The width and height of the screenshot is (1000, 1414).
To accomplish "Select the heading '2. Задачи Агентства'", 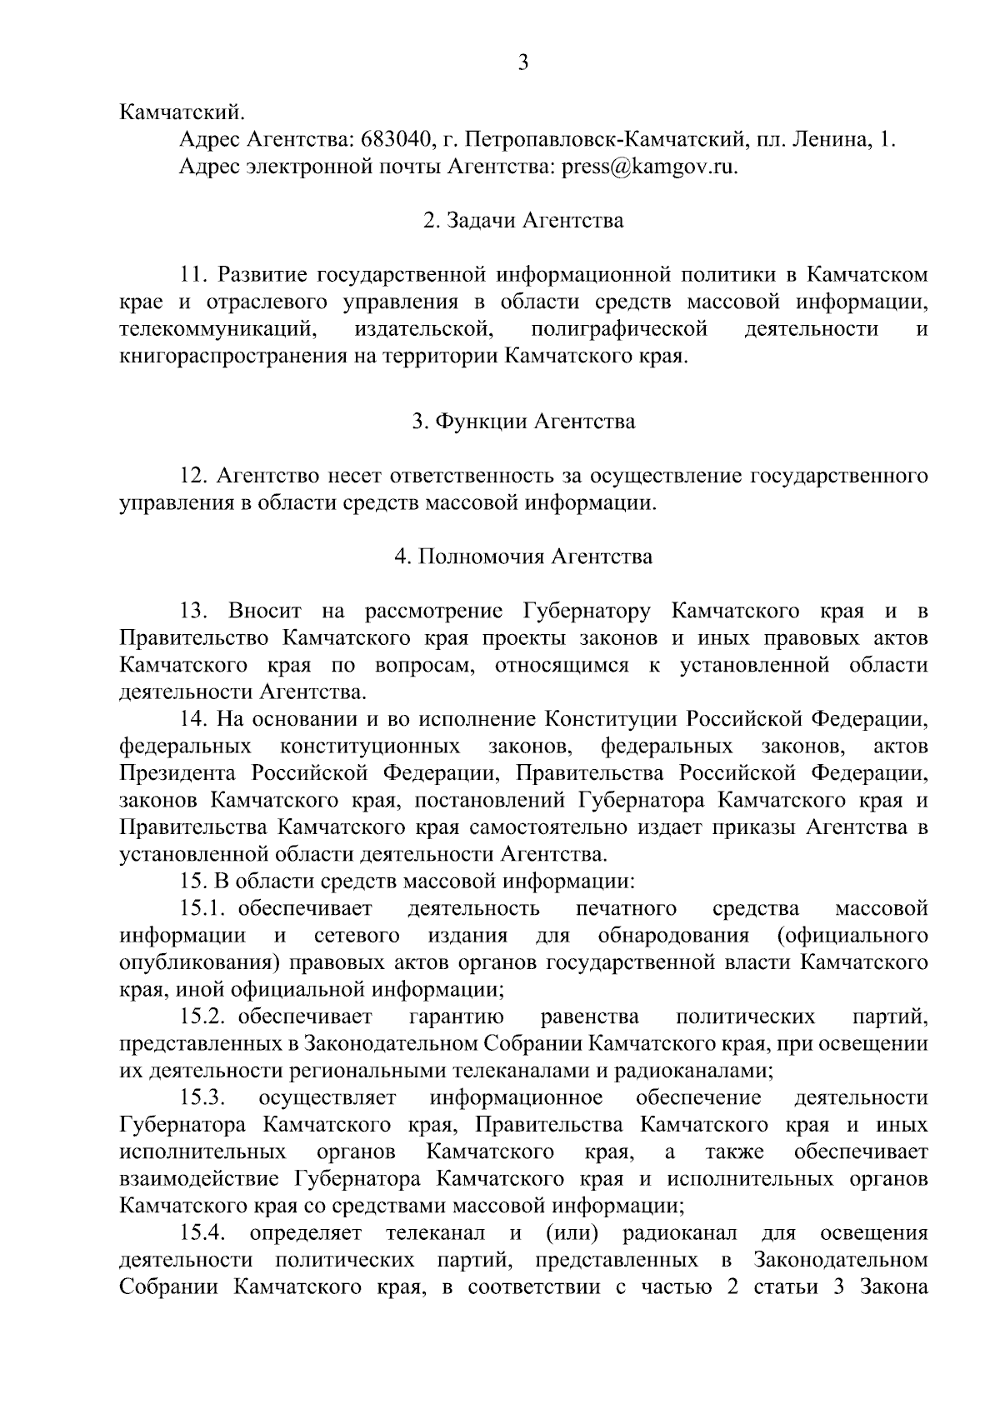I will [x=523, y=221].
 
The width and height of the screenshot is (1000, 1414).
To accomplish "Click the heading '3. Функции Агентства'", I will [x=523, y=421].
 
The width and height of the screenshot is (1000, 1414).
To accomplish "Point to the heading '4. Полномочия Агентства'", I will [x=523, y=557].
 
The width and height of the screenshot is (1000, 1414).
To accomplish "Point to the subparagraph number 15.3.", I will [x=203, y=1098].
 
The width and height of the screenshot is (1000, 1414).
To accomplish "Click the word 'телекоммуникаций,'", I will [x=219, y=329].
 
